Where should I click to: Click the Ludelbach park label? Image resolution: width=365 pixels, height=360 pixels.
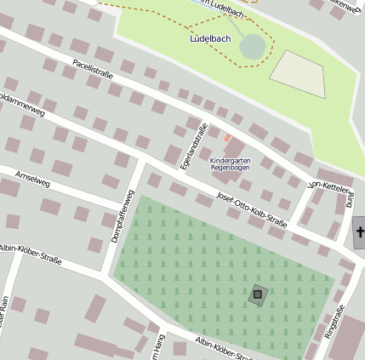click(x=206, y=39)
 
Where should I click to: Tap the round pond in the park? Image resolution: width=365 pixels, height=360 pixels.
click(x=253, y=47)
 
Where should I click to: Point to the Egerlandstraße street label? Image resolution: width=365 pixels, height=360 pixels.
click(x=195, y=145)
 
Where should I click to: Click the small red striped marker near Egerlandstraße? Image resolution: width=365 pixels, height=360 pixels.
click(x=226, y=135)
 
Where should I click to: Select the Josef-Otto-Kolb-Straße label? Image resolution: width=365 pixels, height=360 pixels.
click(x=251, y=211)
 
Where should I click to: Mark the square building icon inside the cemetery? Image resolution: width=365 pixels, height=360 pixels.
click(x=258, y=295)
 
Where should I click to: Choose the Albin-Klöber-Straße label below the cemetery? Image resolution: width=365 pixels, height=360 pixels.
click(x=223, y=348)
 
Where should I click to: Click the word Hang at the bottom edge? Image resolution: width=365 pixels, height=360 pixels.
click(x=159, y=346)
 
